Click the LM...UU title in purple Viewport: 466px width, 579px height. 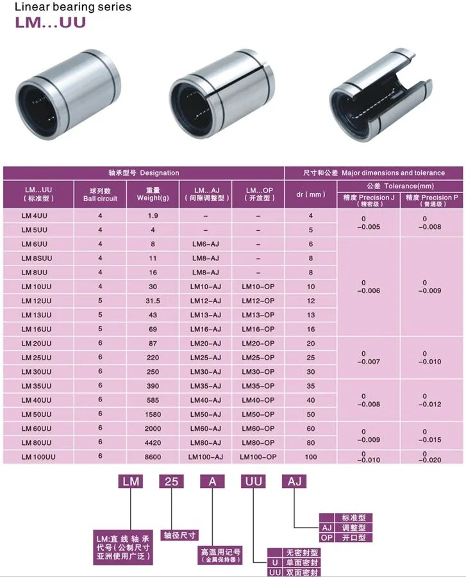point(50,22)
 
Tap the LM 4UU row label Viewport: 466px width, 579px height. point(35,215)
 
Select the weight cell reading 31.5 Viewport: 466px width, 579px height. point(153,301)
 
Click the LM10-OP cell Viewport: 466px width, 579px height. point(258,287)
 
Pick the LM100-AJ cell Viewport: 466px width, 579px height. point(206,457)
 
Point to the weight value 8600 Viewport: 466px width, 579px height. point(153,457)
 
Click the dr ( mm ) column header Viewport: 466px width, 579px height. point(310,194)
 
